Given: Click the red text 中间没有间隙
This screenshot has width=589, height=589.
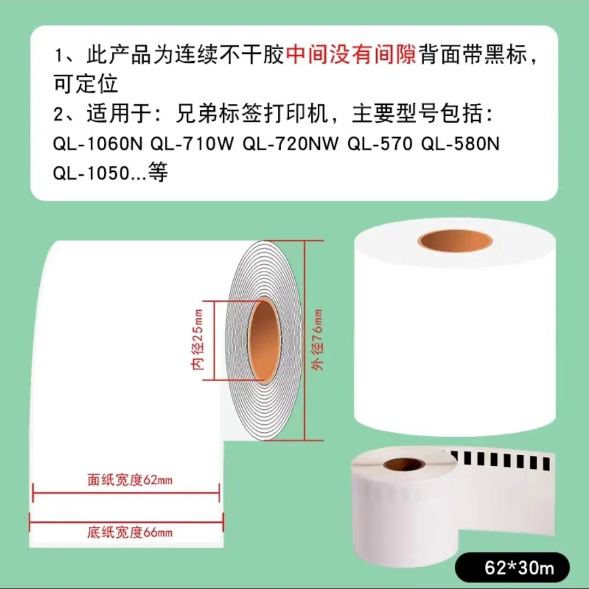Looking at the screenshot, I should click(351, 56).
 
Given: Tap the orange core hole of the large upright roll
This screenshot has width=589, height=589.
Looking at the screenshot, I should click(455, 241).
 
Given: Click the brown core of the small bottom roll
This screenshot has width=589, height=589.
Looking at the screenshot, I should click(404, 465).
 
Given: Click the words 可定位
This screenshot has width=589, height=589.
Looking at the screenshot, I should click(86, 84).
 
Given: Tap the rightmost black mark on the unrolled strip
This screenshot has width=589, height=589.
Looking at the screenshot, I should click(548, 463).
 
